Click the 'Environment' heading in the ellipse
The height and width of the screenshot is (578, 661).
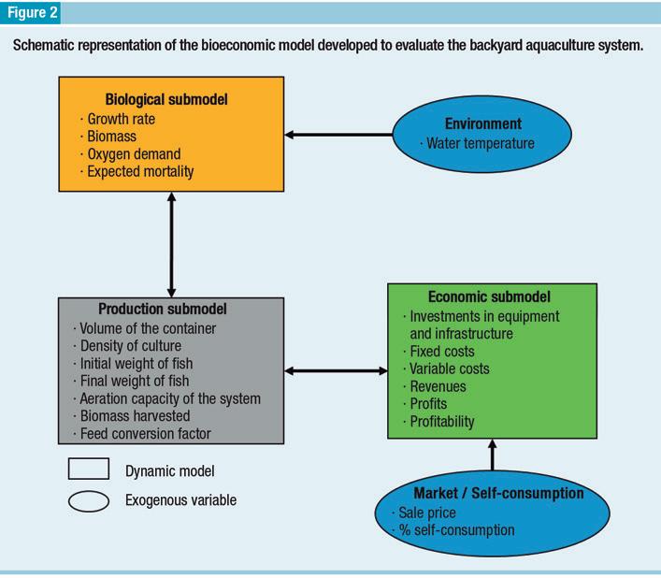click(x=482, y=123)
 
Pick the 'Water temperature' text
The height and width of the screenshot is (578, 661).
click(x=480, y=143)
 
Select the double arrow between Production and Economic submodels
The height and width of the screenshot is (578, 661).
click(x=335, y=371)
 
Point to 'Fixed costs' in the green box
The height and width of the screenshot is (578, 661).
click(x=442, y=351)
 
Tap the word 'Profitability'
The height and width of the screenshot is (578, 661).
click(x=442, y=422)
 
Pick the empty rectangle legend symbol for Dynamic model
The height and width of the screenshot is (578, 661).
click(x=88, y=470)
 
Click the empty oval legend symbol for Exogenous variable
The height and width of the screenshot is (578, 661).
click(x=88, y=501)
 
